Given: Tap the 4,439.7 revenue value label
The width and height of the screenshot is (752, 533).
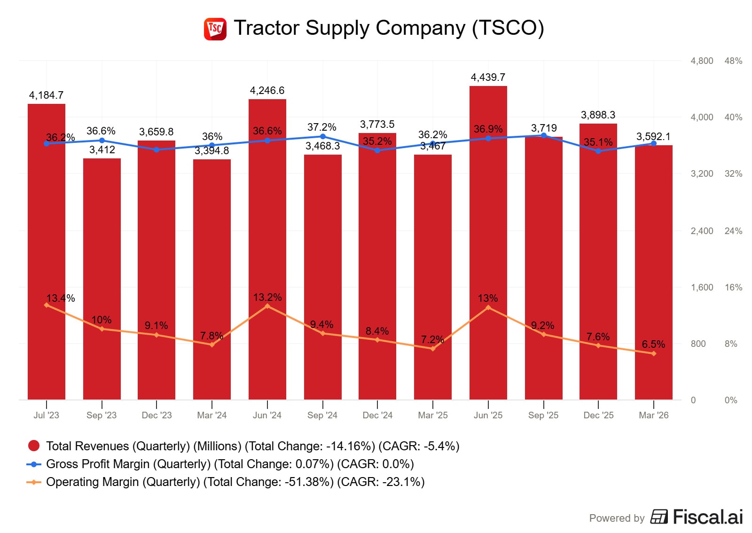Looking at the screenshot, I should pos(488,77).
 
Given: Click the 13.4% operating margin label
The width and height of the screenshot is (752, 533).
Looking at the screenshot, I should pos(61,298).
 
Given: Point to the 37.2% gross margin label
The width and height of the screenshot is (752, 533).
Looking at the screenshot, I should pos(322,127).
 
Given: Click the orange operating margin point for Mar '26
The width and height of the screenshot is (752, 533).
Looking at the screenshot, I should pos(654,353).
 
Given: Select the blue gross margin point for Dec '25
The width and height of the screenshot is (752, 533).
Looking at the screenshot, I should pos(598,151).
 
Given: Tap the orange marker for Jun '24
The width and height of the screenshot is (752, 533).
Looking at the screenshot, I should pos(267,306).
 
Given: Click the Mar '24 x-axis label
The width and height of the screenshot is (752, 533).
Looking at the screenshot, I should pos(211,415).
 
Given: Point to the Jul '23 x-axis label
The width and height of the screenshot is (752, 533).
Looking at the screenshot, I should pos(46,415).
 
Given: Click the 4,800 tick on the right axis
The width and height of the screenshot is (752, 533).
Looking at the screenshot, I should pos(702,61).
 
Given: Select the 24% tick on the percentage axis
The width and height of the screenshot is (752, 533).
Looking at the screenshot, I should pos(733,231).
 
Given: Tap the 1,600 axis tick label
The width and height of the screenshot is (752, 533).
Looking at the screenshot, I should pos(702,287).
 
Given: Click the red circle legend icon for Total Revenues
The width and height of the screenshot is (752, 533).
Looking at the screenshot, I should pos(34,446).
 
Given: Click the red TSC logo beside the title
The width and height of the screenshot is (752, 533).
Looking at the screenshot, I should pos(215,29).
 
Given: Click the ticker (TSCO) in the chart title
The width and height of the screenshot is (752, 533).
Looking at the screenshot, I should pos(508,28).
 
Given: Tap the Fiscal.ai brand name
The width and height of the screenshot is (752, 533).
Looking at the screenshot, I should pos(708,517).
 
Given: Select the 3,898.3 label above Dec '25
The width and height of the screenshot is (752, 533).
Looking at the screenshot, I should pos(598,115).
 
